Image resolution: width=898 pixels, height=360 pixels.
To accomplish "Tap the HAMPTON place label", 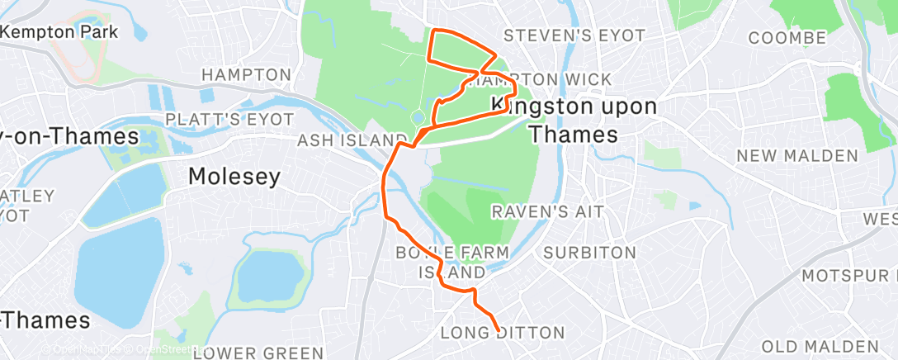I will [x=247, y=75].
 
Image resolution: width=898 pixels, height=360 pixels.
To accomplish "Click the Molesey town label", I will [x=234, y=176].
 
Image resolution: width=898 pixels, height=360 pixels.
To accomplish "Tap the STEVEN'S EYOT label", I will [x=561, y=36].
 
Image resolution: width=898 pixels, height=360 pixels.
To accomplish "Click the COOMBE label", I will [x=787, y=38].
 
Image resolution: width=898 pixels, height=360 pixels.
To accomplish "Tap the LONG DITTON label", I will [x=503, y=334].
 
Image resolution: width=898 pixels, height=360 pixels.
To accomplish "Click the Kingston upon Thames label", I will [x=574, y=120].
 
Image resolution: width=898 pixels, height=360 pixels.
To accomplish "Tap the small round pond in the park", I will [x=418, y=117].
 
